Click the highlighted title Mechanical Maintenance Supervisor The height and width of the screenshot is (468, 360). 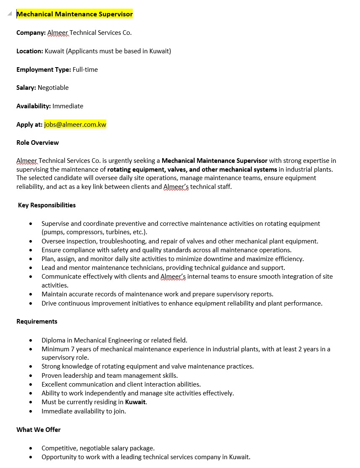click(74, 14)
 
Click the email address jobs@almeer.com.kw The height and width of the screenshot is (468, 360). click(75, 124)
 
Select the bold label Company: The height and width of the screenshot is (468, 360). click(31, 33)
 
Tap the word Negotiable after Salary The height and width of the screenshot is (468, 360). click(53, 88)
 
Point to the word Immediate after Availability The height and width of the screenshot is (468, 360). click(68, 106)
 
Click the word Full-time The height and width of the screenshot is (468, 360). click(85, 70)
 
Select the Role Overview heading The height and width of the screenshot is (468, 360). click(37, 143)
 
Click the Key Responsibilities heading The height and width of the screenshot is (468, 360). click(47, 205)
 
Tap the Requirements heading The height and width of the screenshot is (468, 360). click(37, 322)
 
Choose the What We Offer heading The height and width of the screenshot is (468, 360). click(38, 430)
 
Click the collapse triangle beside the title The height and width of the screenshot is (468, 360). click(10, 14)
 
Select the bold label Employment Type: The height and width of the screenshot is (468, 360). click(44, 70)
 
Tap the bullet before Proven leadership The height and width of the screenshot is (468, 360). click(31, 376)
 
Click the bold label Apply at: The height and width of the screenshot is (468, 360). click(29, 124)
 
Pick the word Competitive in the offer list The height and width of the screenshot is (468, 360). click(58, 448)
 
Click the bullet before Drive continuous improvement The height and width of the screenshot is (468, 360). click(31, 303)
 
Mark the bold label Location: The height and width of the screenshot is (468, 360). click(30, 51)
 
